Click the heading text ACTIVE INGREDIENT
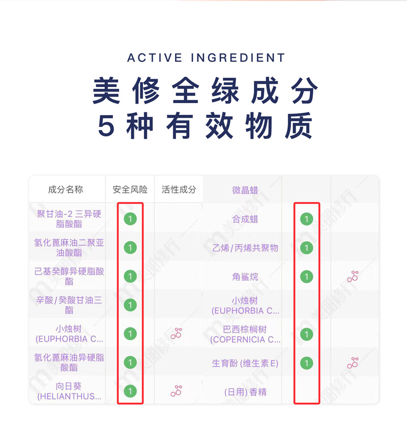(206, 58)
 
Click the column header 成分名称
(66, 190)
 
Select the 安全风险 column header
(130, 190)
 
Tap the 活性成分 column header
(179, 190)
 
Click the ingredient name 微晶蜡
(245, 190)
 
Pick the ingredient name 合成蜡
(245, 219)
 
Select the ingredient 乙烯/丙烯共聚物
(245, 248)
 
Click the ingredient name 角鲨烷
(245, 277)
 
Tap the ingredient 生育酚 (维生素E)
(245, 364)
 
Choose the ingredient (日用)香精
(245, 392)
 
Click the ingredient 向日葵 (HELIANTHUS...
(69, 392)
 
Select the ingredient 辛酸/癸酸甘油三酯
(69, 305)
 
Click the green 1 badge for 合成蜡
(306, 219)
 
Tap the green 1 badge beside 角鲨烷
(306, 277)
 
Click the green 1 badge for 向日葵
(130, 392)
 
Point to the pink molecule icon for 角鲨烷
(353, 277)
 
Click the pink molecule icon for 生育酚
(353, 363)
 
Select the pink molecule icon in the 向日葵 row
(177, 391)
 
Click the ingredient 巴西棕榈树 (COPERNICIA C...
(245, 334)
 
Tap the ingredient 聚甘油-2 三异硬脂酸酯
(69, 219)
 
